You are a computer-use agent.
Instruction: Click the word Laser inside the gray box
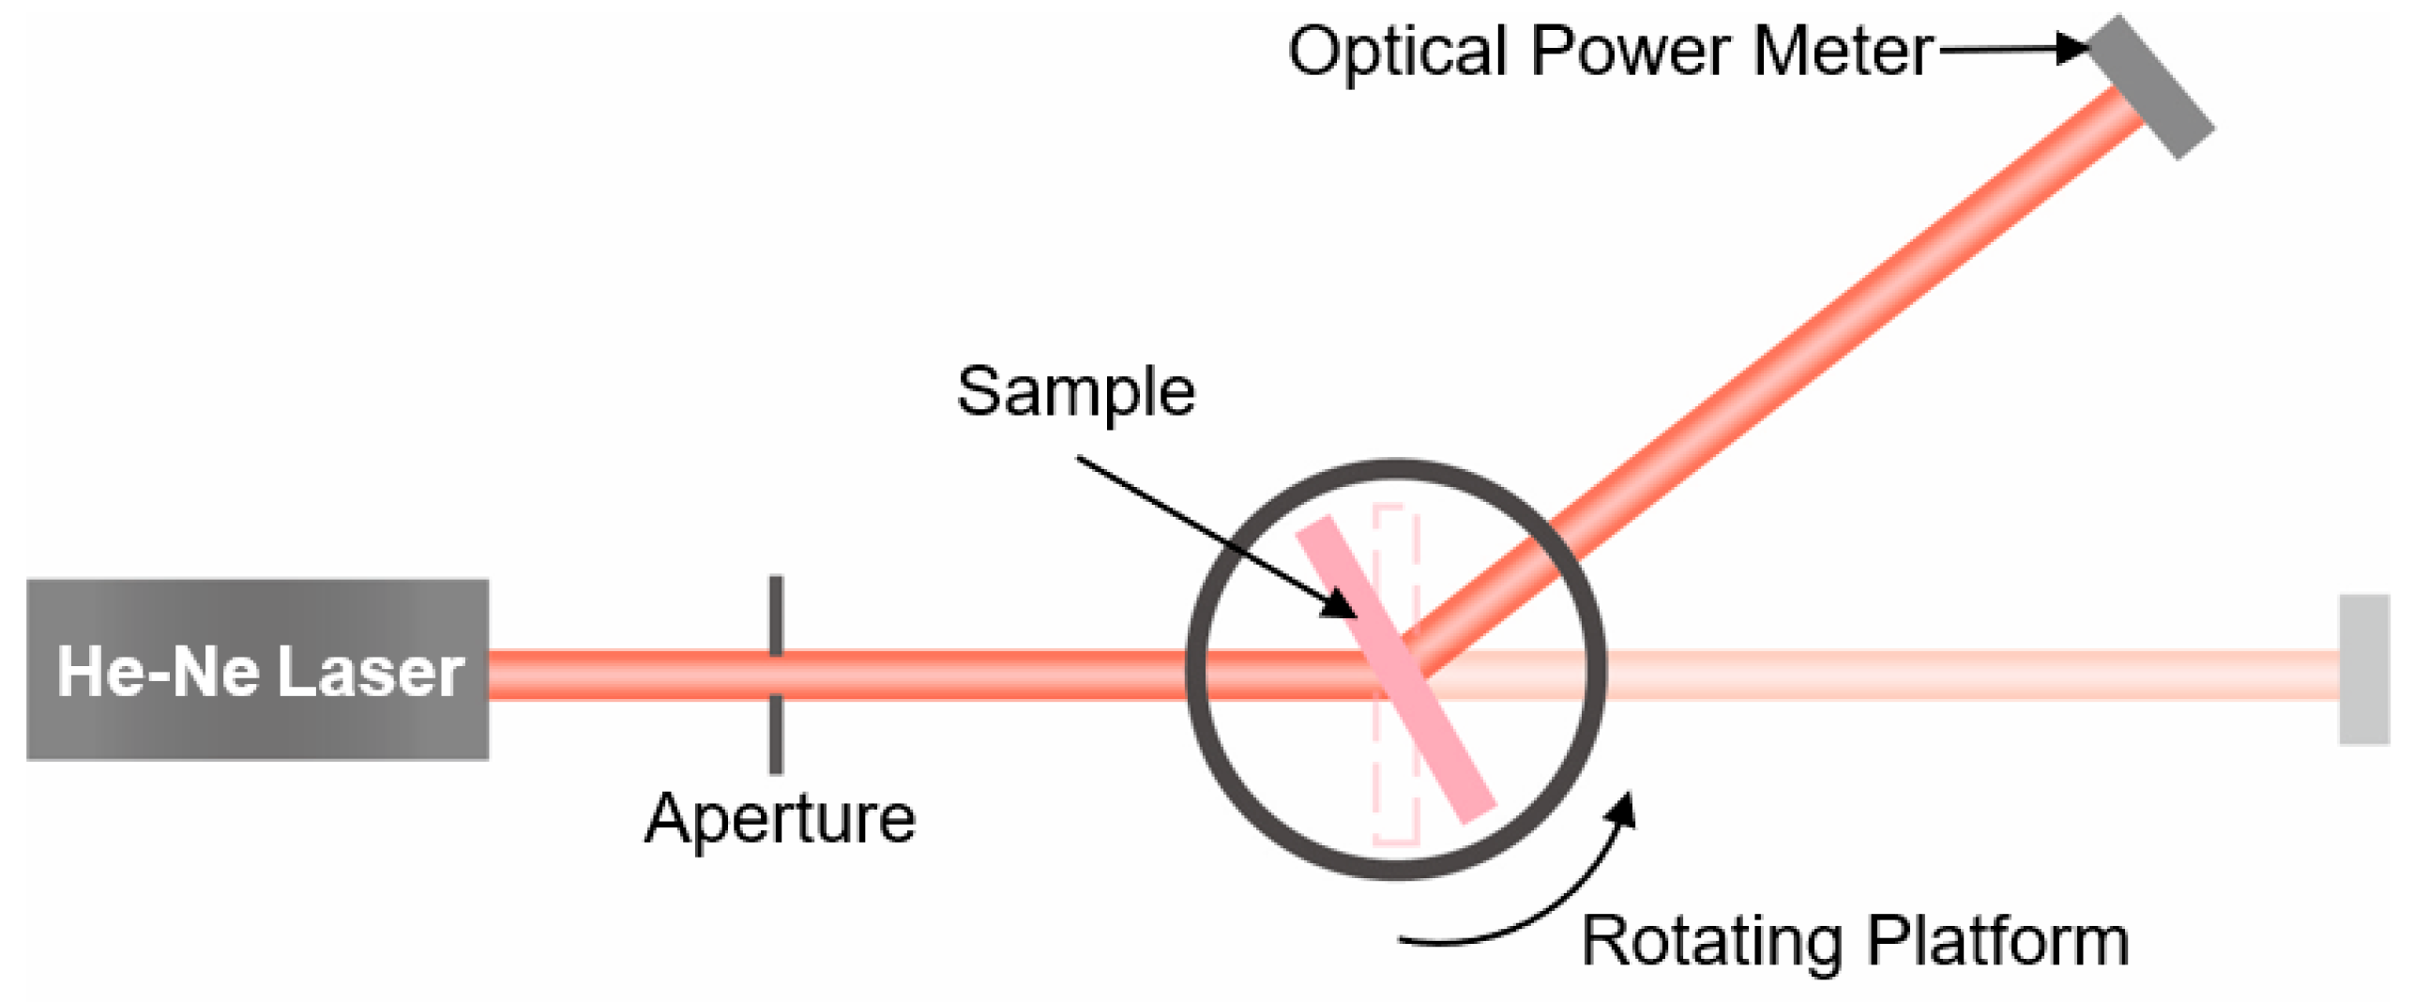[x=372, y=672]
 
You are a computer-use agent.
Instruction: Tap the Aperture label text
[x=780, y=819]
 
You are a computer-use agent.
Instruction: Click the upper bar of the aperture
[x=776, y=615]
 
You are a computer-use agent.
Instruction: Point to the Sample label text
[x=1075, y=391]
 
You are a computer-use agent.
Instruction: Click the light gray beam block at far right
[x=2362, y=669]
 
